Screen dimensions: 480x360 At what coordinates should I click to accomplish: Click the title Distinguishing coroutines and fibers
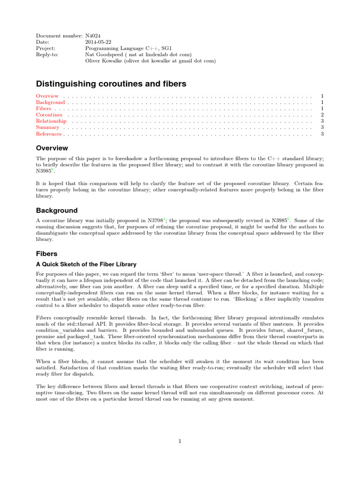tap(111, 84)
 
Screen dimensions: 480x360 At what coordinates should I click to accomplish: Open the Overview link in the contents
tap(47, 96)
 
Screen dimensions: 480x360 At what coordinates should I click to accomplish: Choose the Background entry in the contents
tap(51, 102)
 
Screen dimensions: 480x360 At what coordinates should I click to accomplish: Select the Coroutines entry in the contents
tap(49, 115)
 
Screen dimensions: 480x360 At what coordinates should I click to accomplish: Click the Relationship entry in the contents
tap(51, 121)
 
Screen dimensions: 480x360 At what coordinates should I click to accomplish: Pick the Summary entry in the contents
tap(48, 127)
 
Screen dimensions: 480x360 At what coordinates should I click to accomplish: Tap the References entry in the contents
tap(49, 134)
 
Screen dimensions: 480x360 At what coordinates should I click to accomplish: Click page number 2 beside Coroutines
tap(322, 115)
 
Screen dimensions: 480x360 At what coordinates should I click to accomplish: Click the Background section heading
tap(57, 210)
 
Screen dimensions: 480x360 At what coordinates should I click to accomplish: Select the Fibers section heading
tap(46, 254)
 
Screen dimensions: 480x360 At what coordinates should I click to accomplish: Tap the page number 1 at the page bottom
tap(180, 440)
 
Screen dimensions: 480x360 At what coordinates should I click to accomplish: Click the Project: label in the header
tap(45, 48)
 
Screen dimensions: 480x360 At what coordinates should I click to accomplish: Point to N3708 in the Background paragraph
tap(155, 220)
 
